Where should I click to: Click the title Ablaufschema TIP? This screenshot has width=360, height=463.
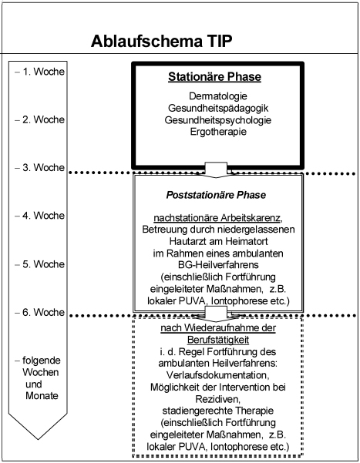[x=161, y=41]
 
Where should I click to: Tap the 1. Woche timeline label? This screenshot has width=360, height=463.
[x=43, y=72]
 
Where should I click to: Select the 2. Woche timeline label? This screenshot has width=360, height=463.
[x=43, y=119]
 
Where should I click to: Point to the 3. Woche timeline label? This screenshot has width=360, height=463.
[x=43, y=167]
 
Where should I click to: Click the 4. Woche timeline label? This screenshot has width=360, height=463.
[x=43, y=216]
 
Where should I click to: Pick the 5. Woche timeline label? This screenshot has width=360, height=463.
[x=43, y=264]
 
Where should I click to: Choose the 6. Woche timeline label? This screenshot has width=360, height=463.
[x=43, y=312]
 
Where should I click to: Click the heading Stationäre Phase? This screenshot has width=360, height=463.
[x=215, y=77]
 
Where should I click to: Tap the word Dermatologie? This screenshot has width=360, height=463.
[x=218, y=96]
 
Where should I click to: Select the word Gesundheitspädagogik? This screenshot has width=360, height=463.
[x=218, y=108]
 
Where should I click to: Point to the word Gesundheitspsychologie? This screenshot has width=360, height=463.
[x=218, y=120]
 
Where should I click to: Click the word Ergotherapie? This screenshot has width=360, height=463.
[x=218, y=132]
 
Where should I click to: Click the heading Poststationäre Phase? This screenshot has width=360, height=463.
[x=216, y=195]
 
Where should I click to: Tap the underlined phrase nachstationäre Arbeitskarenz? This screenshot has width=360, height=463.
[x=217, y=218]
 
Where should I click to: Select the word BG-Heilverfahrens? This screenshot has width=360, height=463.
[x=218, y=264]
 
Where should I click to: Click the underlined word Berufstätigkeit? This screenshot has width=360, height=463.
[x=218, y=340]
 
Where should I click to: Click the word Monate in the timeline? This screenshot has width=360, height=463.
[x=42, y=396]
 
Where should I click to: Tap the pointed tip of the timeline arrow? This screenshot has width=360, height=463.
[x=38, y=439]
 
